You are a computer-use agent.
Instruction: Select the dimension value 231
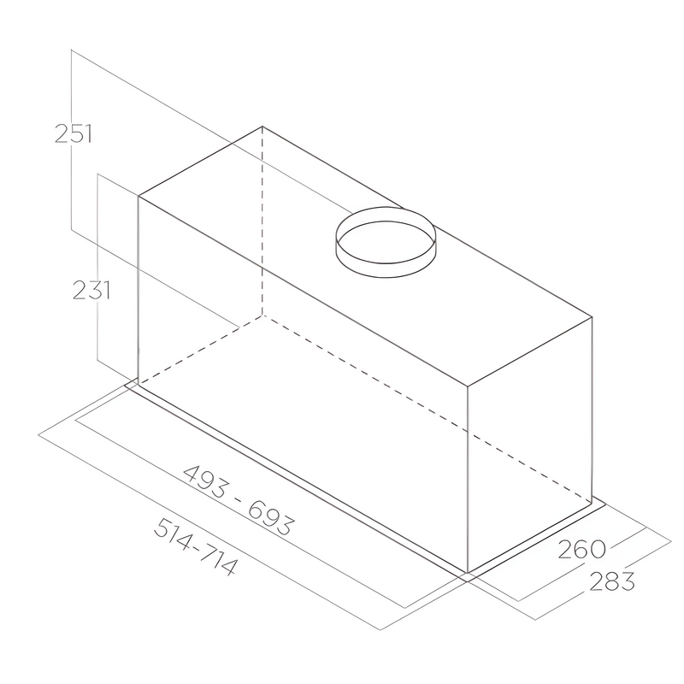pyautogui.click(x=91, y=291)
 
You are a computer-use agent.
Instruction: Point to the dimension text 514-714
pyautogui.click(x=195, y=548)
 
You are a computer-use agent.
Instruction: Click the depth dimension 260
pyautogui.click(x=581, y=548)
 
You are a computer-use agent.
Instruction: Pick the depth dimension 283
pyautogui.click(x=611, y=581)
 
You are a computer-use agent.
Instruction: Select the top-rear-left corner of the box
pyautogui.click(x=262, y=127)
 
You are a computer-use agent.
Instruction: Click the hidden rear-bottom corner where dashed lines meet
pyautogui.click(x=262, y=312)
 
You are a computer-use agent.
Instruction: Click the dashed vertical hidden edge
pyautogui.click(x=262, y=222)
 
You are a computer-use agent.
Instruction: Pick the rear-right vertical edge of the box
pyautogui.click(x=593, y=410)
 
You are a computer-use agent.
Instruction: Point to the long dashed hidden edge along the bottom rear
pyautogui.click(x=427, y=407)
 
